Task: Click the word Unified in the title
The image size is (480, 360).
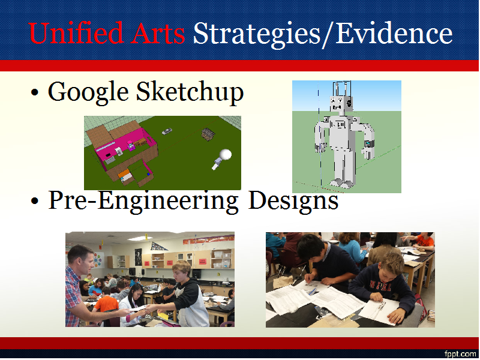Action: pyautogui.click(x=76, y=33)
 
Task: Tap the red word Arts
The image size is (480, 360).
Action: pyautogui.click(x=158, y=33)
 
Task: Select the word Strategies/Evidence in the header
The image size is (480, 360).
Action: pyautogui.click(x=323, y=34)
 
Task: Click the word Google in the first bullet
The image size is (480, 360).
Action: pyautogui.click(x=88, y=92)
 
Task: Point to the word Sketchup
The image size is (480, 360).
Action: pyautogui.click(x=190, y=92)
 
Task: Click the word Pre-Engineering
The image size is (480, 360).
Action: pyautogui.click(x=143, y=201)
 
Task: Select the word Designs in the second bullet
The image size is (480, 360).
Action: pyautogui.click(x=293, y=201)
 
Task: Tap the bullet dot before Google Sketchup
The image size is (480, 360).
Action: pyautogui.click(x=35, y=92)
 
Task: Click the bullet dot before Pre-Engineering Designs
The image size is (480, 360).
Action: pyautogui.click(x=35, y=201)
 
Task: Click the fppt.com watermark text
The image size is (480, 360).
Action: pyautogui.click(x=460, y=354)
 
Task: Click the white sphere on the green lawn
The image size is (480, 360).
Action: pyautogui.click(x=226, y=155)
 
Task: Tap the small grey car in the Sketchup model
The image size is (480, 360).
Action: pyautogui.click(x=167, y=131)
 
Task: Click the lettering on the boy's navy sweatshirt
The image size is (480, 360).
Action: pyautogui.click(x=380, y=287)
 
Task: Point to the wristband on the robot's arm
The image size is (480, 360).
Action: pyautogui.click(x=369, y=144)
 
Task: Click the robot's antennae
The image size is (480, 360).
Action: pyautogui.click(x=341, y=89)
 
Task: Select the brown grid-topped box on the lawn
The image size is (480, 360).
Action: pyautogui.click(x=208, y=134)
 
